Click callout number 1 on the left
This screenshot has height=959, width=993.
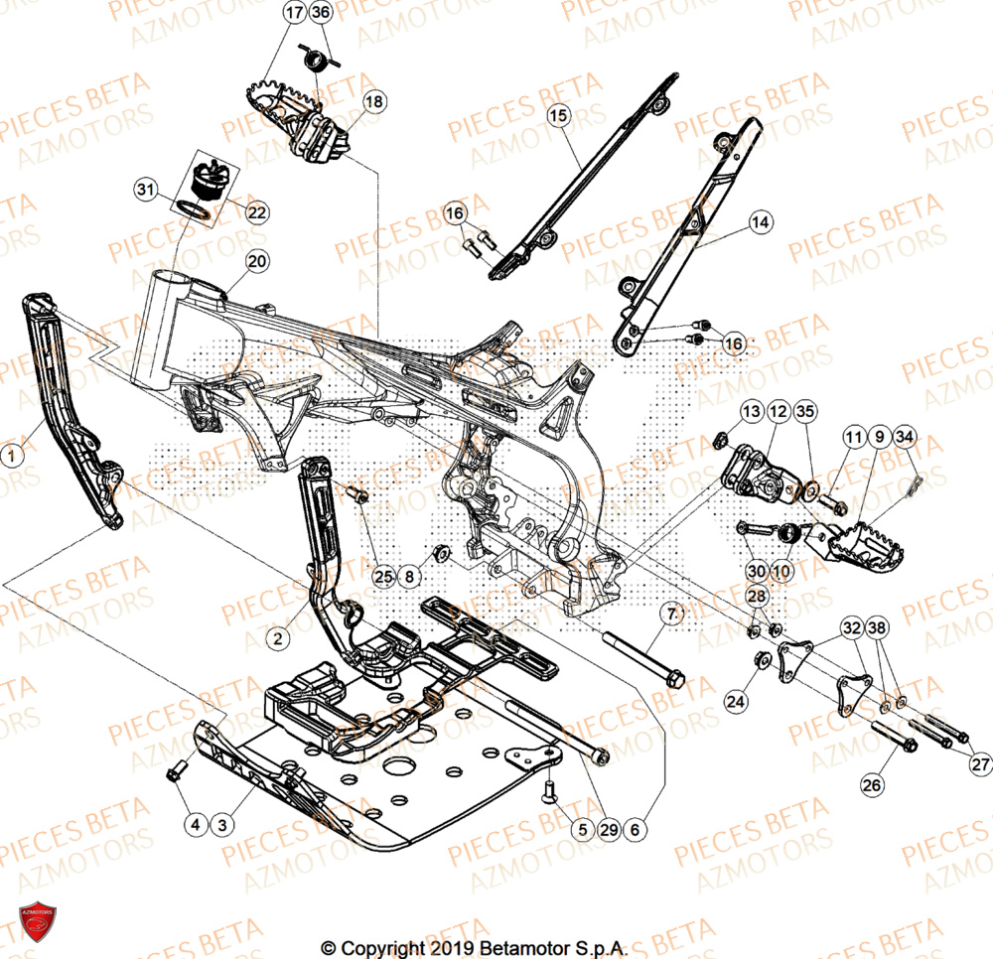(12, 456)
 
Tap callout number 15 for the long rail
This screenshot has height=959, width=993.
(558, 116)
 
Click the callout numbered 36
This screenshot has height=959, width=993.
(320, 13)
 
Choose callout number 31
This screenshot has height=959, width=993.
(146, 189)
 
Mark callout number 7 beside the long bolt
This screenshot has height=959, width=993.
(671, 616)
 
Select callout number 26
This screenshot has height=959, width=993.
(871, 785)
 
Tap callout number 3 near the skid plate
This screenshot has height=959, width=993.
(221, 823)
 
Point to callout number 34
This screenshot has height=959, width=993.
(904, 437)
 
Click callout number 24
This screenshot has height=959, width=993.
(734, 701)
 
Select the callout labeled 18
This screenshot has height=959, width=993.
(372, 101)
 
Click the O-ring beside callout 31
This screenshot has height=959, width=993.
(196, 209)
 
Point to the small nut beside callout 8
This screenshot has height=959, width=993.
(442, 551)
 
